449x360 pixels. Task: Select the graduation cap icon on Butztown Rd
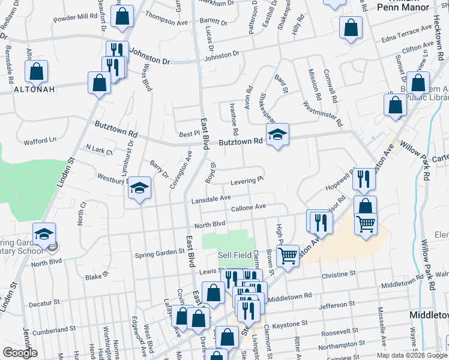[x=277, y=136]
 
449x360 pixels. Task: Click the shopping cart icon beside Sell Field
[x=288, y=257]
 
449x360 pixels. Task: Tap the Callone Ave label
[x=248, y=207]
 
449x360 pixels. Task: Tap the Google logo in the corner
[x=20, y=353]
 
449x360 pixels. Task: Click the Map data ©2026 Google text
[x=412, y=355]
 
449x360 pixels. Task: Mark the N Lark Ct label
[x=100, y=149]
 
